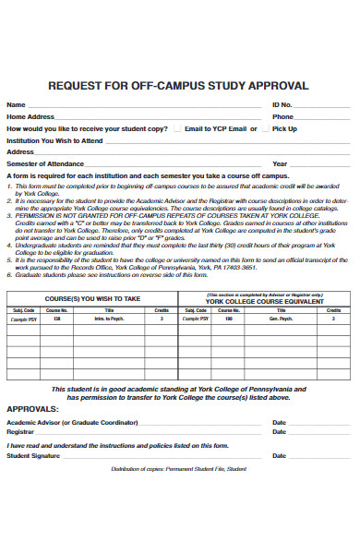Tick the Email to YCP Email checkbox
click(x=177, y=128)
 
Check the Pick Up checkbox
click(x=265, y=128)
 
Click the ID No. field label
click(x=282, y=105)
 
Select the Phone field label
click(x=282, y=117)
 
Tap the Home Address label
click(x=30, y=117)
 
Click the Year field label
click(x=280, y=163)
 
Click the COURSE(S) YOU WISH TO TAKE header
click(x=93, y=299)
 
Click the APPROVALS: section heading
click(x=33, y=408)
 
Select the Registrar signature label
click(x=20, y=431)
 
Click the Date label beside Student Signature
click(x=279, y=455)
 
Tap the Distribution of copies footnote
click(x=180, y=470)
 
